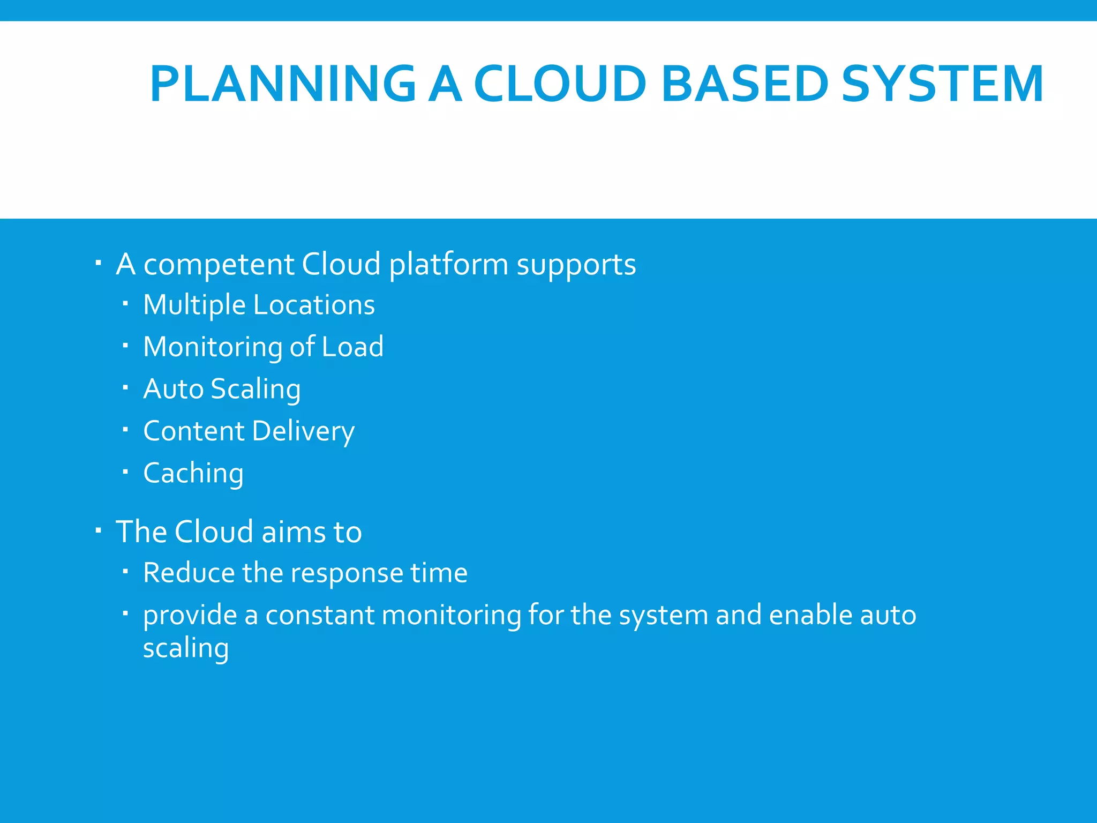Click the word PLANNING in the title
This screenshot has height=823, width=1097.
(x=283, y=84)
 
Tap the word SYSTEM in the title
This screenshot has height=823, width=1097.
(x=942, y=84)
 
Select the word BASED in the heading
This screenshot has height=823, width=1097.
(x=745, y=84)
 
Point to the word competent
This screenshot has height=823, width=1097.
(x=219, y=265)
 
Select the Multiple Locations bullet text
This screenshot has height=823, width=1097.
(x=259, y=305)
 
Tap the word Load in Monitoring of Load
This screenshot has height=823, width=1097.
(x=352, y=347)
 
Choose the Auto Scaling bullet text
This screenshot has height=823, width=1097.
(x=222, y=389)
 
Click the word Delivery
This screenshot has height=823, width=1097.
(x=303, y=431)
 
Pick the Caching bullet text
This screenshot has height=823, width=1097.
(x=193, y=473)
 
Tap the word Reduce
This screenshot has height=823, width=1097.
(x=189, y=573)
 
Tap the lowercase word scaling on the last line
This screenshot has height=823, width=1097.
(x=186, y=648)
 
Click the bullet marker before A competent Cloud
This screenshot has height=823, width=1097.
(x=98, y=263)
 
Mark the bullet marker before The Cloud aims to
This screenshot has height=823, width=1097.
(x=98, y=530)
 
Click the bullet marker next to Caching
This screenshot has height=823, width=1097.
(x=125, y=472)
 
